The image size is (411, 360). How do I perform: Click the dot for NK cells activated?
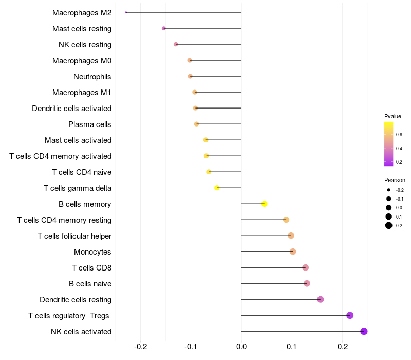click(x=364, y=331)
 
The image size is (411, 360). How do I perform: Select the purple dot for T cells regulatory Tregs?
click(x=350, y=315)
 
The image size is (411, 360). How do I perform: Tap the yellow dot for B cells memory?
click(x=264, y=204)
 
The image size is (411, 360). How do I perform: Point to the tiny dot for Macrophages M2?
click(x=126, y=12)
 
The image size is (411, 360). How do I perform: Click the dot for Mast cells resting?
click(x=164, y=28)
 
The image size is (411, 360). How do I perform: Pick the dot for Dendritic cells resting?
click(x=321, y=299)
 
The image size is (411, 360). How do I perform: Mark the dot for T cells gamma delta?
click(x=217, y=188)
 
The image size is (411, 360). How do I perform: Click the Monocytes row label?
click(x=92, y=252)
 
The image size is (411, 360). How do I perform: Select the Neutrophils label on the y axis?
click(x=92, y=77)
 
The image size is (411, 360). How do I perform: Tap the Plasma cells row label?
click(x=90, y=124)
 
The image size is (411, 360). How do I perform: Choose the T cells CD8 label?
click(x=91, y=268)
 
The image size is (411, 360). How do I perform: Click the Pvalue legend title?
click(x=393, y=116)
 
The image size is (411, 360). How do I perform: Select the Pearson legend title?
click(x=395, y=180)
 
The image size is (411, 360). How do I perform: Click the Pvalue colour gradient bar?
click(x=389, y=144)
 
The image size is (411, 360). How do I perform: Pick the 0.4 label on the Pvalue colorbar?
click(x=399, y=148)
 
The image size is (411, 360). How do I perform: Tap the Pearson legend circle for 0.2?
click(x=389, y=225)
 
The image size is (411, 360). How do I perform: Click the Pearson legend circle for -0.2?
click(x=389, y=190)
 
